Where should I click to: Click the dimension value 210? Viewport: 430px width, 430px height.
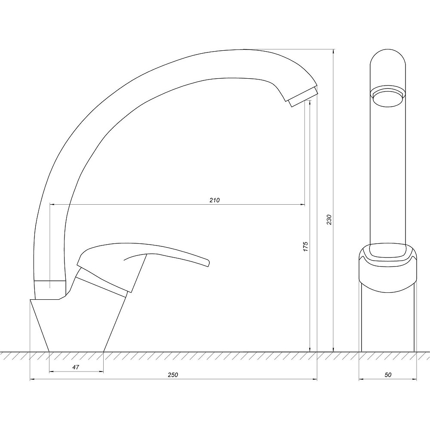tap(215, 200)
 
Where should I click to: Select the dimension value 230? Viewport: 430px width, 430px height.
tap(329, 220)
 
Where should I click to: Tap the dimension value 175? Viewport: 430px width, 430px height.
tap(306, 246)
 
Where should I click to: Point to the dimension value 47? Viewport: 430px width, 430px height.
tap(76, 367)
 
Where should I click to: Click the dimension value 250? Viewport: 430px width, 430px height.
tap(173, 375)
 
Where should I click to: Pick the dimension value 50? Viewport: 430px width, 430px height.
tap(388, 375)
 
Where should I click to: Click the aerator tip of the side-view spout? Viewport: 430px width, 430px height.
tap(304, 97)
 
